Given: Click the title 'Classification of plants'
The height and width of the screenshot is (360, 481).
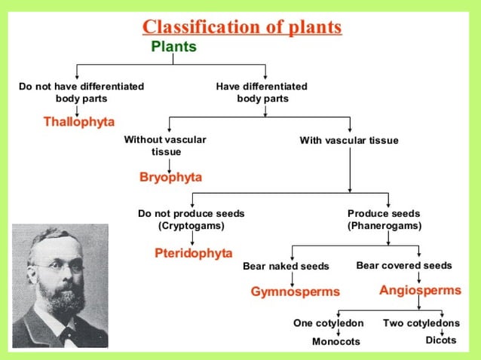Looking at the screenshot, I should click(x=242, y=27).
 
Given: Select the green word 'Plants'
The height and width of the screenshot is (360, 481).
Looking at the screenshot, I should click(x=173, y=47).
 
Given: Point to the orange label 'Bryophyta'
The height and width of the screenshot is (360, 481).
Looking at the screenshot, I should click(x=171, y=177).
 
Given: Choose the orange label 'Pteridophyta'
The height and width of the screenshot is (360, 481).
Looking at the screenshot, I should click(x=194, y=252).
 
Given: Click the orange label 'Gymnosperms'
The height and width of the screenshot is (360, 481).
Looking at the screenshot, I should click(x=296, y=291).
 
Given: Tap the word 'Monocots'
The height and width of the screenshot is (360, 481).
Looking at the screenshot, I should click(x=336, y=342).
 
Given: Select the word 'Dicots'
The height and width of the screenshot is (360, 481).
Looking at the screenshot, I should click(x=441, y=340).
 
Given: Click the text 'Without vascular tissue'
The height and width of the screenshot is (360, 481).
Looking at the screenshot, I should click(x=164, y=145).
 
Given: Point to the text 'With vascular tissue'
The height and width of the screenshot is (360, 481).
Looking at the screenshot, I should click(x=349, y=140).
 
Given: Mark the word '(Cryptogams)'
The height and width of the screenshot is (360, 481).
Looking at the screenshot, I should click(x=191, y=225).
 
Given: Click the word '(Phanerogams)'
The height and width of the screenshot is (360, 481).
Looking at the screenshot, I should click(x=384, y=225).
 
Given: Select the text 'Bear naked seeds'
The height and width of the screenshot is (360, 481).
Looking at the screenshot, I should click(x=286, y=266).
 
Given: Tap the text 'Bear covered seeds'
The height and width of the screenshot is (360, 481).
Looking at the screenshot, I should click(x=404, y=265).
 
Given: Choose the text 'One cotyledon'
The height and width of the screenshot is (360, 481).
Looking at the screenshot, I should click(x=329, y=323).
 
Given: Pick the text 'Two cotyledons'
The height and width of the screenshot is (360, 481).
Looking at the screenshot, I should click(x=421, y=323).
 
